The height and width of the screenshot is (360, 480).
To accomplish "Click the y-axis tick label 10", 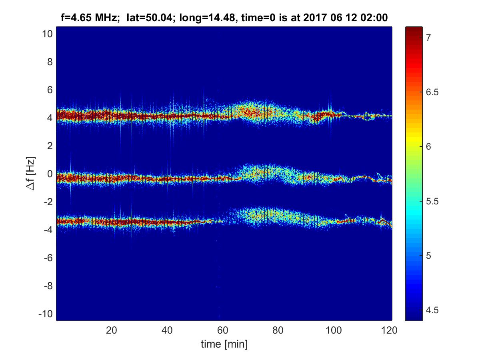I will [x=46, y=34].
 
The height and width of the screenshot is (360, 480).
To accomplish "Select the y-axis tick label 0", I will [x=49, y=174].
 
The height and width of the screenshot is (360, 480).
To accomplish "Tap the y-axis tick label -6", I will [x=47, y=258].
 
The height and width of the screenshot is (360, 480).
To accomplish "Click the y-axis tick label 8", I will [x=49, y=62].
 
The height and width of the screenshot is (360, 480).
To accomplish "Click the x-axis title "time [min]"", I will [x=224, y=344].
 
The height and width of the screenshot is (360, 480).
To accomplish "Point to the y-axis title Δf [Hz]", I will [x=32, y=174].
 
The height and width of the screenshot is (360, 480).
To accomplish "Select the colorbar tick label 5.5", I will [x=431, y=201].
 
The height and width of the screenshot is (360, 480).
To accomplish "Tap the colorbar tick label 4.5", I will [x=431, y=310].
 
